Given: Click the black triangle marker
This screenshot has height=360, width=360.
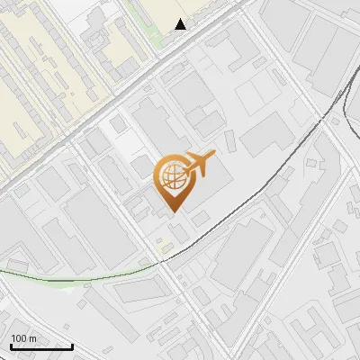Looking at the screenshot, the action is point(181,24).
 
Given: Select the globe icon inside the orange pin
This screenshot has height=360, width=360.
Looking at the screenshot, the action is point(172,176).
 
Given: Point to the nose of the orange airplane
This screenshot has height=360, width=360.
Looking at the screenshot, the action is point(214,156).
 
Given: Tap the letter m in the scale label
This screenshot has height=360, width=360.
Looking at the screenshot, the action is point(32,338).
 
